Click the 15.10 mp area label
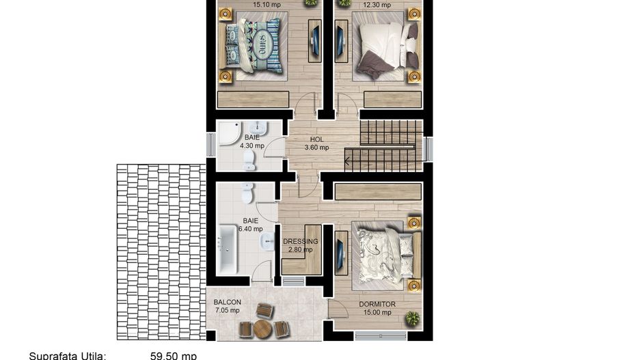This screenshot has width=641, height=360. click(x=267, y=5)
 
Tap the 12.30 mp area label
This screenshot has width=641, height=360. click(x=377, y=5)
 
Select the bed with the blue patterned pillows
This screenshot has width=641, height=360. click(x=254, y=45)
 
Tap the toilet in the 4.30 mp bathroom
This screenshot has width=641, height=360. click(x=249, y=161)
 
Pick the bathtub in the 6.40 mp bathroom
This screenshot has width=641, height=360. click(x=228, y=251)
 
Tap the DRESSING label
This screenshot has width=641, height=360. click(x=301, y=241)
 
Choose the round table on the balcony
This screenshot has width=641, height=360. click(x=263, y=329)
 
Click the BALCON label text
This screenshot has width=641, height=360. click(x=227, y=302)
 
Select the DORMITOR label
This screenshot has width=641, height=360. click(x=377, y=305)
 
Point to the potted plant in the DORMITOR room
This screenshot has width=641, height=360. click(x=412, y=318)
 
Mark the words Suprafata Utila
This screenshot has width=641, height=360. click(x=67, y=355)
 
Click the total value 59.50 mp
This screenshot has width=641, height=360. click(x=174, y=355)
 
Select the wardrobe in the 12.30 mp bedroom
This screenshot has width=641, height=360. click(x=392, y=100)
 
